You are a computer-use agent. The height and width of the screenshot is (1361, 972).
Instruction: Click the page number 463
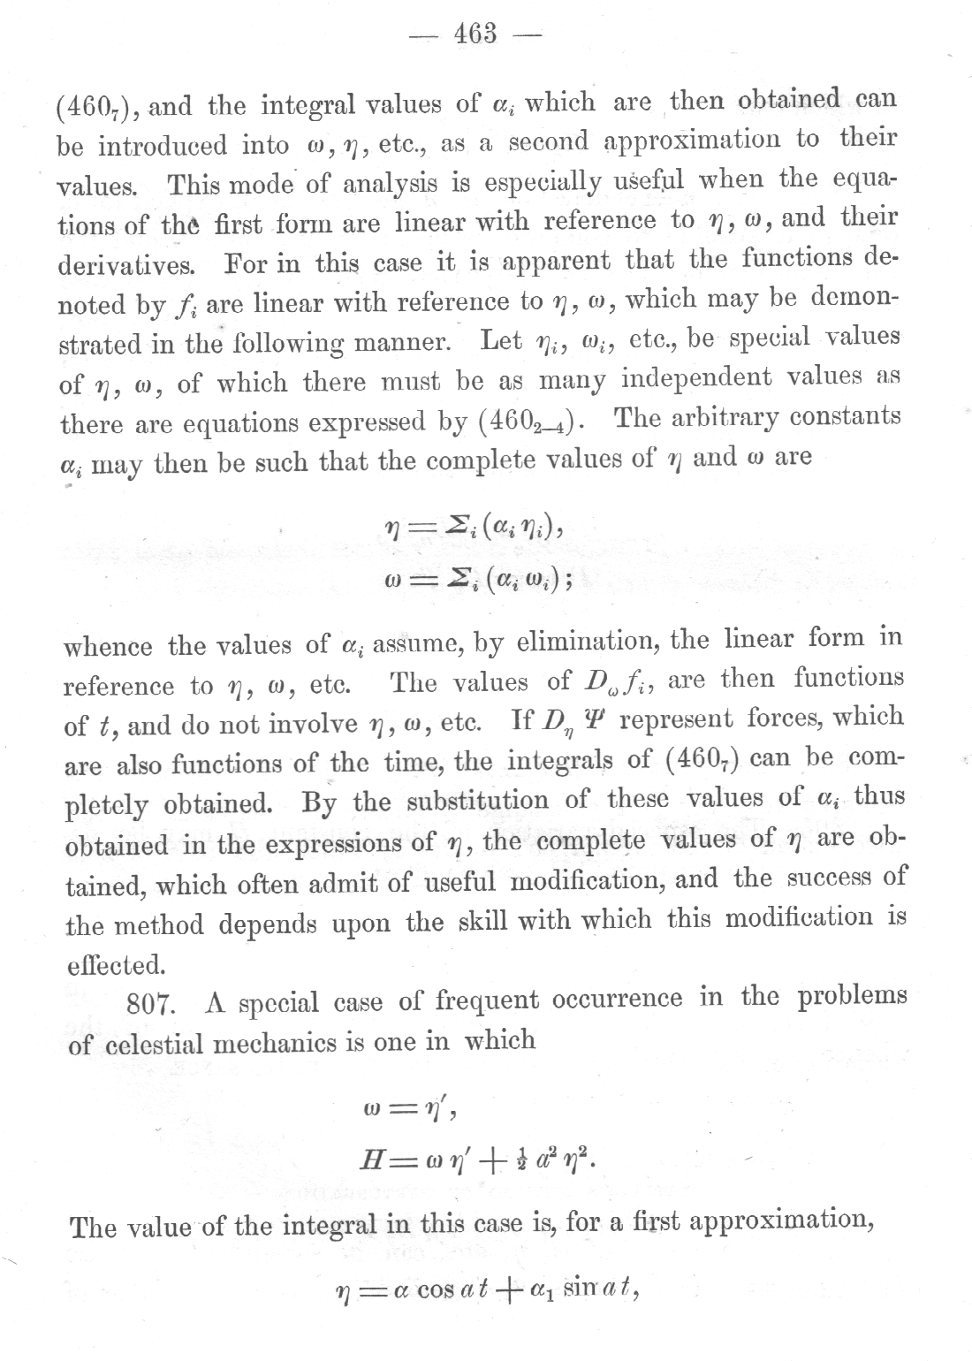coord(475,34)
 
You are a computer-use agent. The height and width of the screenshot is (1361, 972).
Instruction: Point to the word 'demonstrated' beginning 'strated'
coord(96,345)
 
